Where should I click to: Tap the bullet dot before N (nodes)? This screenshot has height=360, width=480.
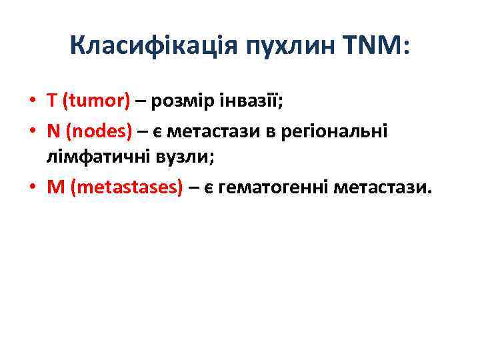point(32,131)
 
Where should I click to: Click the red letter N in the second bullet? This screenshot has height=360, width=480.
point(53,131)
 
